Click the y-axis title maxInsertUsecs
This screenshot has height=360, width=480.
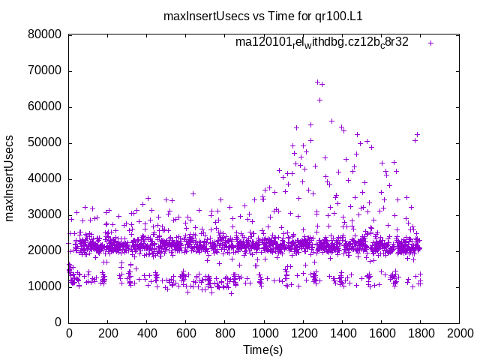click(x=10, y=178)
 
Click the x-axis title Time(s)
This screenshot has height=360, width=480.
click(x=264, y=349)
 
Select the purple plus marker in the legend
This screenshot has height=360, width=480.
click(x=430, y=43)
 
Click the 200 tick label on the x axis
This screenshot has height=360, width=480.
click(x=108, y=333)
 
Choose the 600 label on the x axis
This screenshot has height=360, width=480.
click(x=186, y=333)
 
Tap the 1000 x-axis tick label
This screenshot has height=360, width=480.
click(x=264, y=333)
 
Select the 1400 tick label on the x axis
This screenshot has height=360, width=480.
click(x=342, y=333)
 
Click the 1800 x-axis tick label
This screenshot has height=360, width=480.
click(x=420, y=333)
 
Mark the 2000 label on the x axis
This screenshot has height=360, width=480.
click(x=459, y=333)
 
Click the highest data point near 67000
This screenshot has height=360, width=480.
click(x=317, y=82)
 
